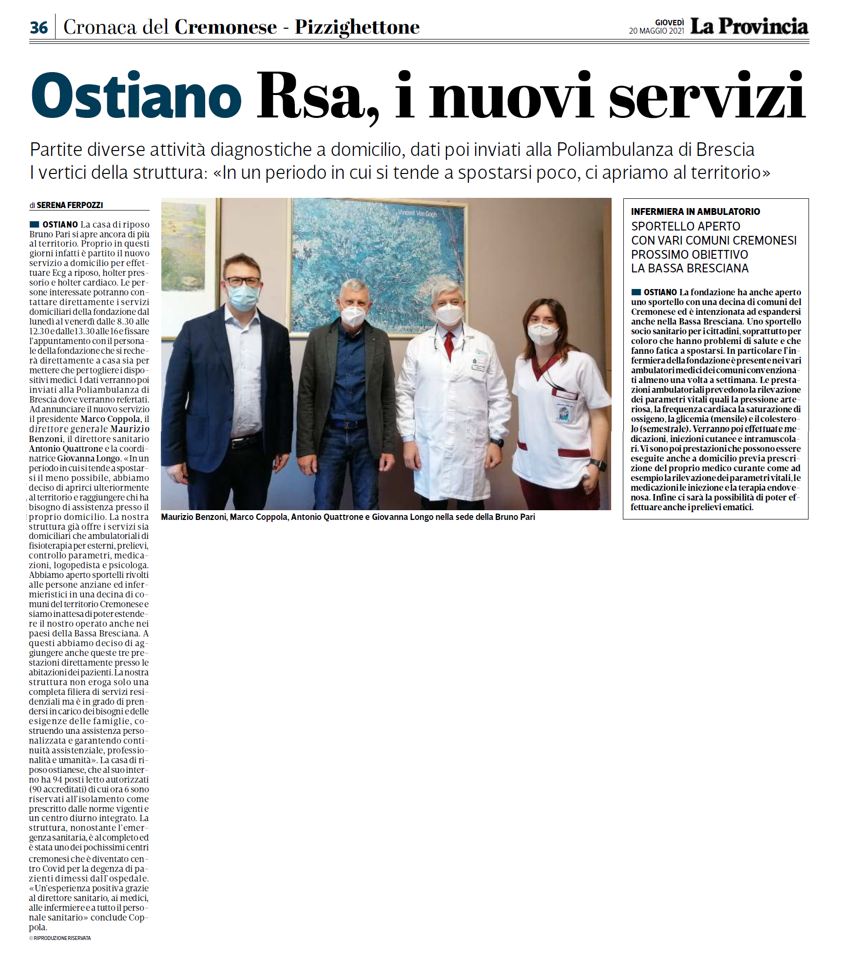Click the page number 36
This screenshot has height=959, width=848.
39,27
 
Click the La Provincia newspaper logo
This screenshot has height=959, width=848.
749,26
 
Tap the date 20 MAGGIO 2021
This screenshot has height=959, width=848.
656,31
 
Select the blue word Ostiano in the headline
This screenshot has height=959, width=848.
136,96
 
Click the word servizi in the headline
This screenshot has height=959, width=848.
707,96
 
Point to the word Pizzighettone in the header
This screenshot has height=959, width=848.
357,27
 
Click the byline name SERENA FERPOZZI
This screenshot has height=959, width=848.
70,205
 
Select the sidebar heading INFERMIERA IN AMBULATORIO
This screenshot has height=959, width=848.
695,211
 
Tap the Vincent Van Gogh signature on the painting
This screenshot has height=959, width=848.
417,213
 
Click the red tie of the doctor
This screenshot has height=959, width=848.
449,344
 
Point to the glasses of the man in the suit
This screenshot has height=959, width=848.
242,281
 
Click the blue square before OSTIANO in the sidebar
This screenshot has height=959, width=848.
636,292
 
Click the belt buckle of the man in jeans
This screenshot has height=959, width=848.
349,424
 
